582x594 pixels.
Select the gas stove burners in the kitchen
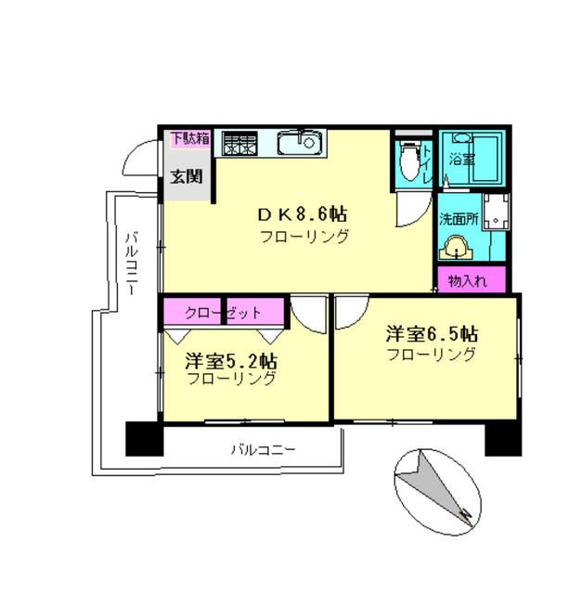(x=238, y=144)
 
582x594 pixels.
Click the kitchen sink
(x=299, y=144)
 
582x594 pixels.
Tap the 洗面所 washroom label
(x=459, y=220)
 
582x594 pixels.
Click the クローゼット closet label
(x=224, y=313)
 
